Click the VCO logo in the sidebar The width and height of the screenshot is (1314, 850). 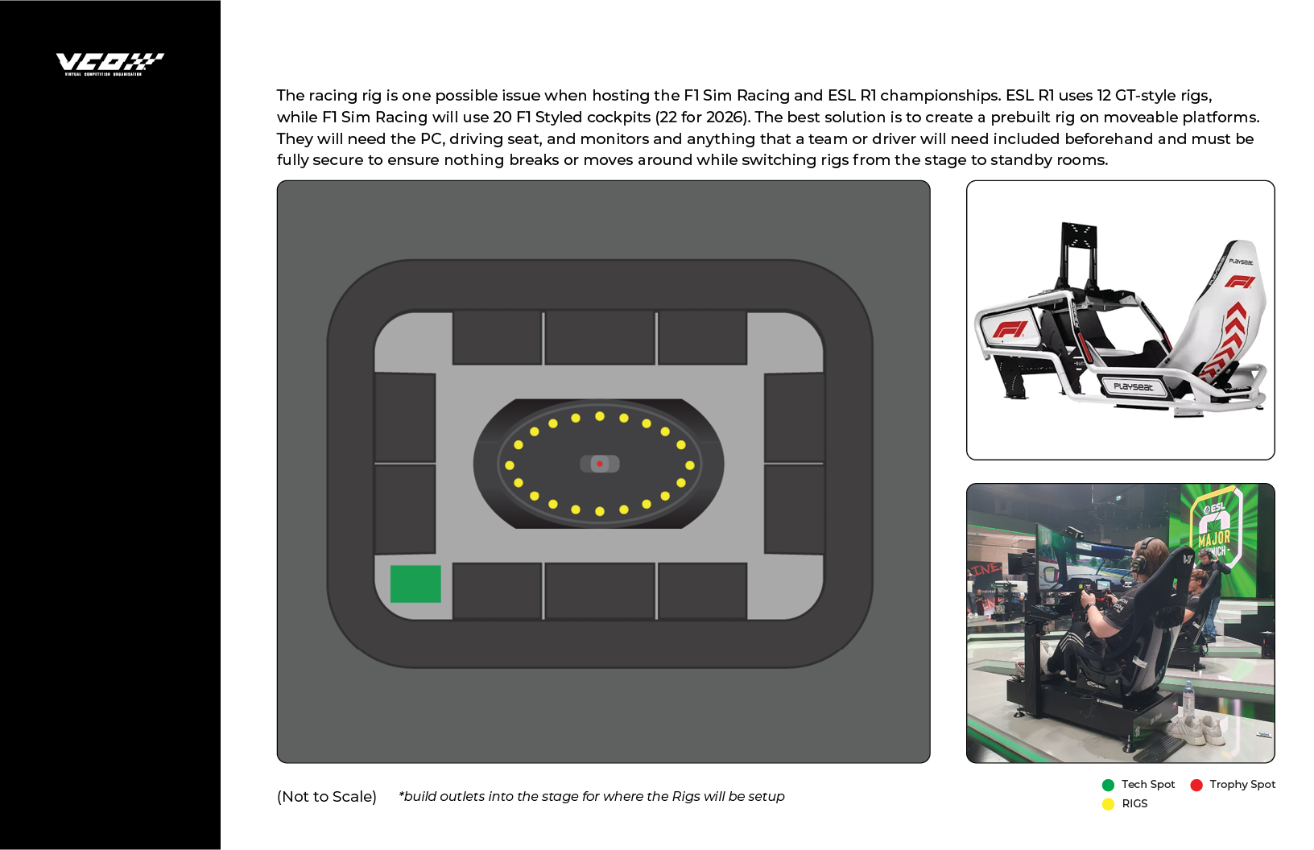tap(109, 64)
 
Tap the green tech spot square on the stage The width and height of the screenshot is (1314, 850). tap(415, 584)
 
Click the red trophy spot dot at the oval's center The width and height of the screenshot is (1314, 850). tap(600, 464)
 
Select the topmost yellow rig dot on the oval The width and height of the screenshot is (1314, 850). tap(600, 416)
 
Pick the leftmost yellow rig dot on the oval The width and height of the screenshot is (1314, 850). tap(510, 465)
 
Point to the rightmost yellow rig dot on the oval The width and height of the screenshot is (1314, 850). tap(690, 465)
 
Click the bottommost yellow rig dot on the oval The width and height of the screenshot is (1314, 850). tap(600, 511)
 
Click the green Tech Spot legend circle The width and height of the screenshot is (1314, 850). tap(1108, 785)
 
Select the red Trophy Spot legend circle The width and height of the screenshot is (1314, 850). tap(1196, 785)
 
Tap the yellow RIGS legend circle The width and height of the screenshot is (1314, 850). tap(1108, 804)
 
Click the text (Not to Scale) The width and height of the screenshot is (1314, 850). tap(327, 797)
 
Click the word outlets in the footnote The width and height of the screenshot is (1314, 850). tap(462, 796)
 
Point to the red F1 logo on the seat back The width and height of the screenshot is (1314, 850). tap(1240, 282)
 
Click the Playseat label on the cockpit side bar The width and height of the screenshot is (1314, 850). tap(1133, 387)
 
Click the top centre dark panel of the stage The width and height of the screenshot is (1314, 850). tap(600, 338)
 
